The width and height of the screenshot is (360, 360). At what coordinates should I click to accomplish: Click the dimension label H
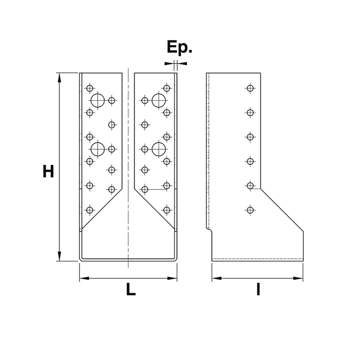[48, 171]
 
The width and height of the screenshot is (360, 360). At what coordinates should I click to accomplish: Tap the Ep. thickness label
[179, 48]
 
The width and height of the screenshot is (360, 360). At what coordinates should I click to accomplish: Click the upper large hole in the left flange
[98, 100]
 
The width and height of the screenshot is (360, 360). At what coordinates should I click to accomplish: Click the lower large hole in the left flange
[98, 149]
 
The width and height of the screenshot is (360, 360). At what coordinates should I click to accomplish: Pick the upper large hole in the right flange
[159, 100]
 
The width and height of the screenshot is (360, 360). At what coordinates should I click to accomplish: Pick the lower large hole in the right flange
[159, 149]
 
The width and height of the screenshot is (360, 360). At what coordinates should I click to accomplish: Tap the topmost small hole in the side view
[250, 88]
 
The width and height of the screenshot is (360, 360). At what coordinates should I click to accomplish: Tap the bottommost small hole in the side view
[250, 210]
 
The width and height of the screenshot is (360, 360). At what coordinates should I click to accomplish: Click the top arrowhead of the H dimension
[59, 78]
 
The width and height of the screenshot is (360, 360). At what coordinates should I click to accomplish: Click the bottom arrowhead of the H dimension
[59, 256]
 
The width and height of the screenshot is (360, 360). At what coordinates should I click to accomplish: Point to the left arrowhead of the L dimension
[84, 278]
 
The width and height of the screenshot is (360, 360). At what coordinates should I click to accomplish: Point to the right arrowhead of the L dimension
[172, 278]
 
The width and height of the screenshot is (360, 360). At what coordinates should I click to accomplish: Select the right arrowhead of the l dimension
[298, 278]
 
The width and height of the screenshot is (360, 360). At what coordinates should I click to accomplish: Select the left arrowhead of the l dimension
[216, 278]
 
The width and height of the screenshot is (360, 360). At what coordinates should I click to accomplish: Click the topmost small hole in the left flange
[90, 88]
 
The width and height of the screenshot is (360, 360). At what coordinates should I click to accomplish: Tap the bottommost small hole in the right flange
[167, 210]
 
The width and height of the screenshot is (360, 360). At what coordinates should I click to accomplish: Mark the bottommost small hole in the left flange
[90, 210]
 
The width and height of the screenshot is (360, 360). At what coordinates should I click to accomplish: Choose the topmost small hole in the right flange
[167, 88]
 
